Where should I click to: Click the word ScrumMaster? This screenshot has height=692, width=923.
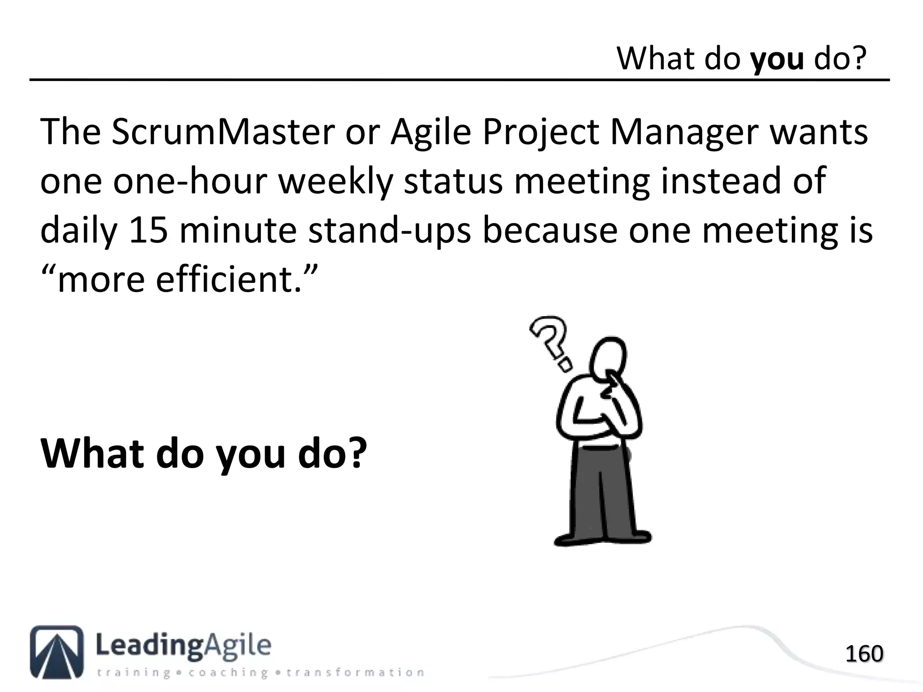pyautogui.click(x=222, y=132)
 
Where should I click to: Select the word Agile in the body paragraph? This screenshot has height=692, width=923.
pyautogui.click(x=430, y=132)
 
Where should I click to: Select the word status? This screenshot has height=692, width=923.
pyautogui.click(x=453, y=181)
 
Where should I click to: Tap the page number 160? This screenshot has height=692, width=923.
pyautogui.click(x=864, y=654)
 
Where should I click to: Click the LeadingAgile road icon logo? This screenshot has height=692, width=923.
pyautogui.click(x=57, y=651)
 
